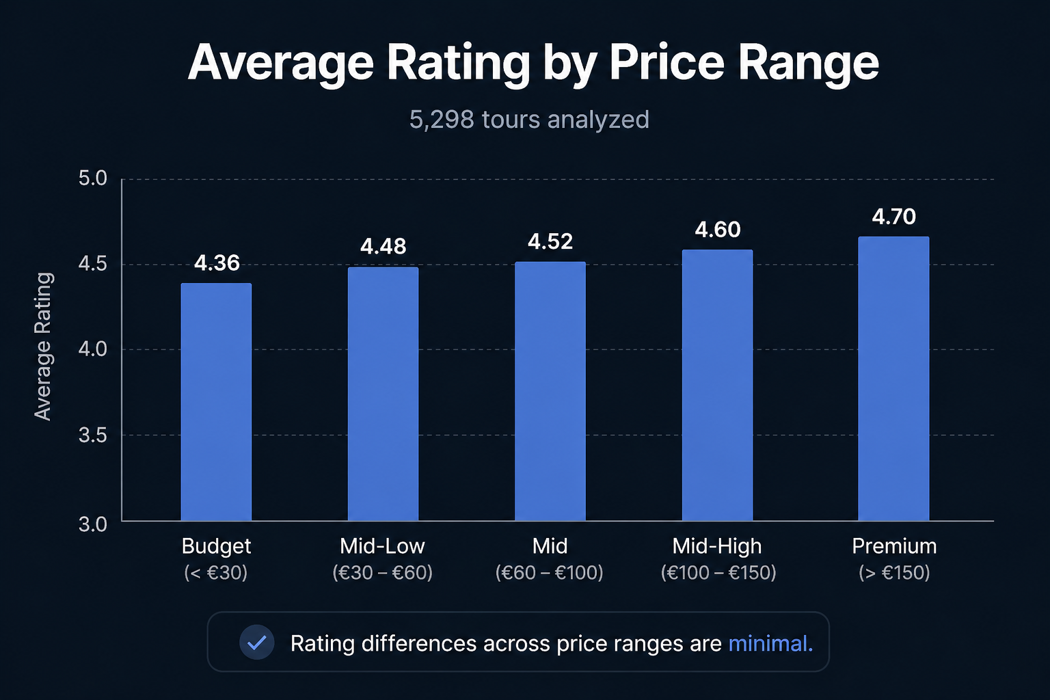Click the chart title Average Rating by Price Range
(533, 63)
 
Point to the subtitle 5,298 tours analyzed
(529, 120)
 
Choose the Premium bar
(893, 379)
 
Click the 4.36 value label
(217, 263)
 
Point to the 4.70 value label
(893, 217)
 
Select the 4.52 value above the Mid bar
(550, 242)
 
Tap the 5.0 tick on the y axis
(93, 178)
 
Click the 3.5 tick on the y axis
(93, 435)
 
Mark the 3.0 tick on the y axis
(93, 524)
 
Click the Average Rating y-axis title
(43, 347)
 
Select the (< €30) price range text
(216, 572)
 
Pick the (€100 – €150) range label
(718, 572)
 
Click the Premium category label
(893, 546)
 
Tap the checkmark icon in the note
(257, 643)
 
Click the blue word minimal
(770, 644)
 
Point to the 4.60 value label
(717, 230)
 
